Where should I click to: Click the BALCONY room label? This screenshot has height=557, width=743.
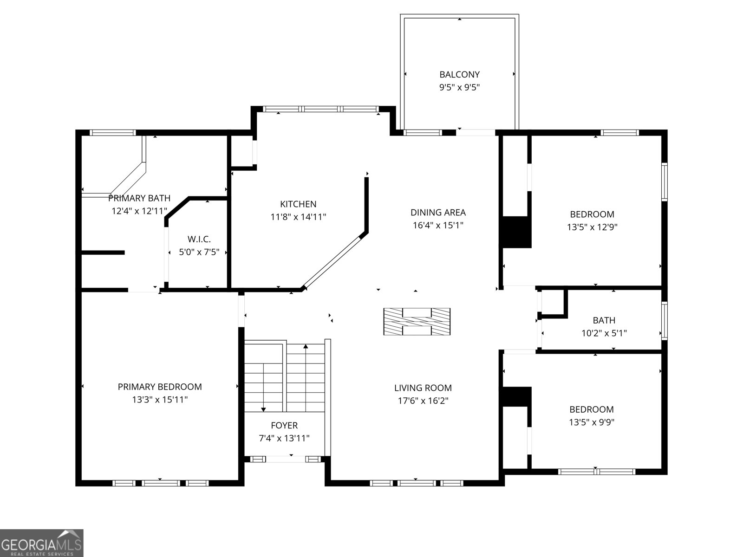click(x=459, y=74)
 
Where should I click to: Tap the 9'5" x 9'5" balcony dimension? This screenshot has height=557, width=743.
click(x=459, y=87)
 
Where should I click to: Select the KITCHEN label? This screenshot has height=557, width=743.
click(x=298, y=204)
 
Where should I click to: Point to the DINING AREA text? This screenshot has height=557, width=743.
click(x=438, y=213)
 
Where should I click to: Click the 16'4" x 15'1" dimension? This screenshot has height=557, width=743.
click(x=438, y=226)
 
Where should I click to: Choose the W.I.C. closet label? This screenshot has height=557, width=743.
click(x=199, y=240)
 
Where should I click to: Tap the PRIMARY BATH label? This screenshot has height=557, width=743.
click(x=139, y=198)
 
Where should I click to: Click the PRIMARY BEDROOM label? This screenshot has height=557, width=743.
click(x=160, y=387)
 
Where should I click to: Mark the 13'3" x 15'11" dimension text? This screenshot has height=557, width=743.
click(x=160, y=400)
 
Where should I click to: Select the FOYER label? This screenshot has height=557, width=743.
click(x=284, y=425)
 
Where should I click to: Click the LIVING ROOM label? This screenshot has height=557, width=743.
click(x=423, y=388)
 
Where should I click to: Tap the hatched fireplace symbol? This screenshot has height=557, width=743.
click(x=417, y=321)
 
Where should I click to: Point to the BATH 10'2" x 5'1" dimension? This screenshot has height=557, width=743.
click(x=604, y=333)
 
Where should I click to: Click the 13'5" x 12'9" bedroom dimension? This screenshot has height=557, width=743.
click(x=592, y=227)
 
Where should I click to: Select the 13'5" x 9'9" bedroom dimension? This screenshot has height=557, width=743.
click(x=592, y=422)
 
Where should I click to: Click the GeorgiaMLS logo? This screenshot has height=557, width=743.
click(x=42, y=543)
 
